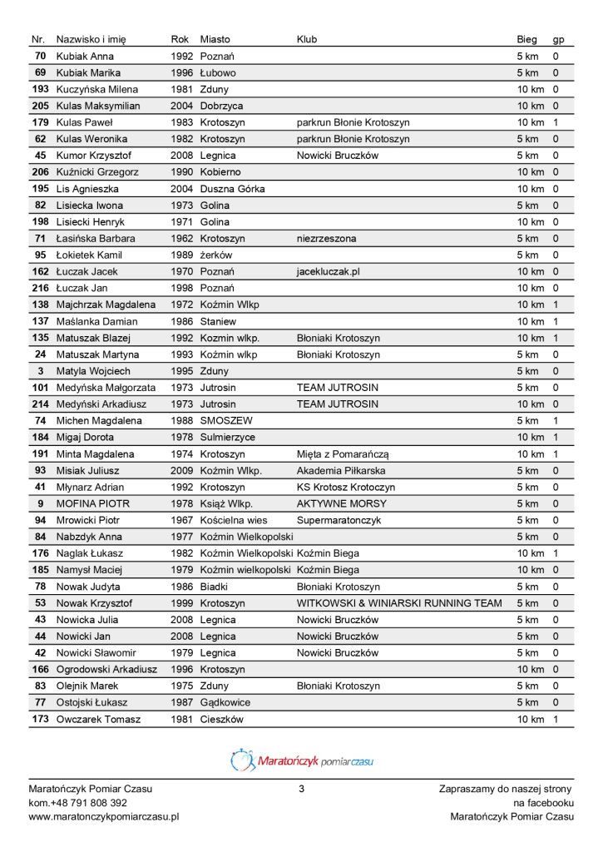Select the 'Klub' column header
click(307, 39)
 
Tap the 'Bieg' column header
click(527, 39)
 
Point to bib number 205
click(40, 106)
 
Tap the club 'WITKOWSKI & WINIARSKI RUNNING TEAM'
click(399, 603)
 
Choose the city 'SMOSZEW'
click(226, 421)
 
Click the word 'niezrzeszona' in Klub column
click(326, 239)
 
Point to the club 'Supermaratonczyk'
click(338, 520)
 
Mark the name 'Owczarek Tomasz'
click(98, 719)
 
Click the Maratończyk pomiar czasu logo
click(301, 759)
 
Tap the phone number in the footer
click(77, 802)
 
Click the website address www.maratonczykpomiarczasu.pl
click(104, 817)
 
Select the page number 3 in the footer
click(301, 787)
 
